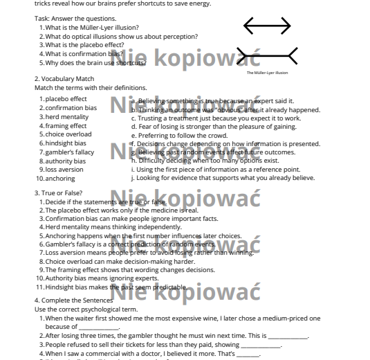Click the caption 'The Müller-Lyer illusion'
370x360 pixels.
267,72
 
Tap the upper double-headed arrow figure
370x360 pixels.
267,26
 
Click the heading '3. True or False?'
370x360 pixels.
59,192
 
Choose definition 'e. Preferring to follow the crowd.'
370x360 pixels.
178,135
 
